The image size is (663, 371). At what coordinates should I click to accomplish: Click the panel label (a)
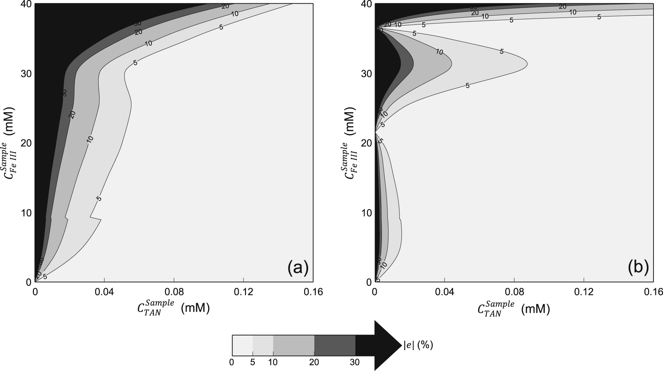298,268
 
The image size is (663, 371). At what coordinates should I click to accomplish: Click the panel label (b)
638,268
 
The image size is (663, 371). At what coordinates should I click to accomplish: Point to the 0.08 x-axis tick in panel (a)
174,292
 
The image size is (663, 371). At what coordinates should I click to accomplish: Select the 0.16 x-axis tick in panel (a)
313,292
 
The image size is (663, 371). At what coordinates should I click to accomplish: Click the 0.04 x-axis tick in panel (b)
444,292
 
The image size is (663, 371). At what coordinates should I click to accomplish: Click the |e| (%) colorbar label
418,345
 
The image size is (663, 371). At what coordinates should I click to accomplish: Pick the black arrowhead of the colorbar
387,345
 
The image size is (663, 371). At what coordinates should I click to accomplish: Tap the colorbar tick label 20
314,362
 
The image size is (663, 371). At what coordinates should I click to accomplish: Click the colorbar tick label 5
253,362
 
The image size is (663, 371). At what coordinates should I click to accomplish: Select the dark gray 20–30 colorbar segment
334,345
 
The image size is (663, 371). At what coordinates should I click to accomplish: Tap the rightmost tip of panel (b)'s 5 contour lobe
527,64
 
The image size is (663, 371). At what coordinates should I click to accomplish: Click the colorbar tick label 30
355,362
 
